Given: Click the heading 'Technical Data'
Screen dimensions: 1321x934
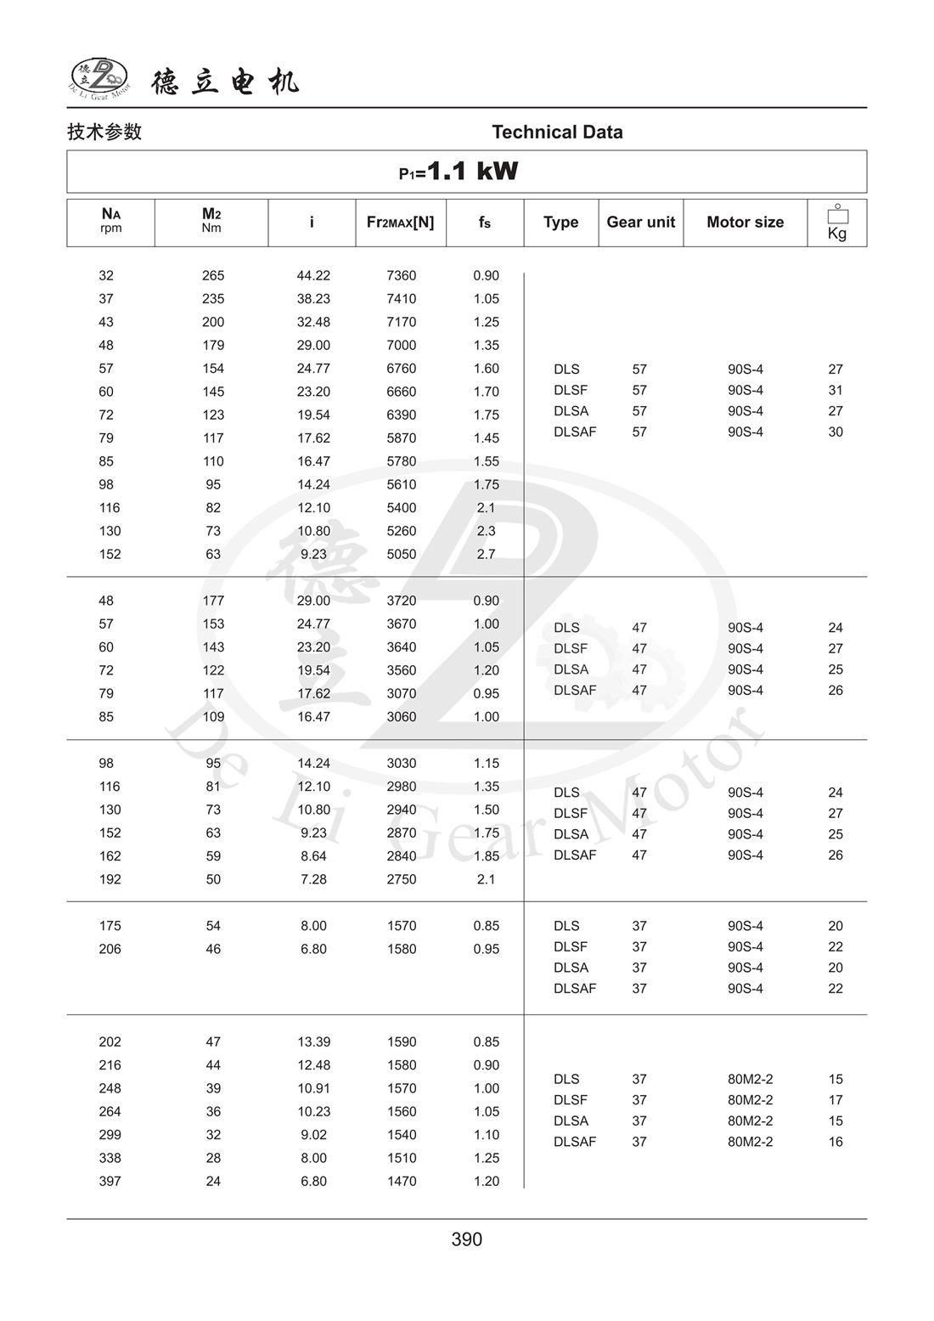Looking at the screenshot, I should tap(557, 133).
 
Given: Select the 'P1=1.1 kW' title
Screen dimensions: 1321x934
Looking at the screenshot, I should tap(459, 172).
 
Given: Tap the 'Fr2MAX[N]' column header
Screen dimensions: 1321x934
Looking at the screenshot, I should tap(400, 223).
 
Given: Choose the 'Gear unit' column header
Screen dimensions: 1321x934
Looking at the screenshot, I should tap(640, 223).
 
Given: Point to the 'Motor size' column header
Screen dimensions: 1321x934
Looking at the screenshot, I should tap(745, 223).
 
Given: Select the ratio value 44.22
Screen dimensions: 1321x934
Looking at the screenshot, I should tap(313, 276).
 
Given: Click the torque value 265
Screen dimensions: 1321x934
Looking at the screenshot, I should tap(213, 276).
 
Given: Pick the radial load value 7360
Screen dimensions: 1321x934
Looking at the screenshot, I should tap(402, 276).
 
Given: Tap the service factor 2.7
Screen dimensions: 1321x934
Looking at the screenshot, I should tap(486, 555).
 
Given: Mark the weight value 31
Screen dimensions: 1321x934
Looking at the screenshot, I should tap(836, 391).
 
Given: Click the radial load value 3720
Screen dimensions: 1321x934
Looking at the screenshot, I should tap(402, 601).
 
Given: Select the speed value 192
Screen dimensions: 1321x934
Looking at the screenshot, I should tap(110, 880).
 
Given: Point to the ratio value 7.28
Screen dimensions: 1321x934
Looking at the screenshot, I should tap(313, 880).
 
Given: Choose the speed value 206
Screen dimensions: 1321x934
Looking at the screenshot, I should tap(110, 950).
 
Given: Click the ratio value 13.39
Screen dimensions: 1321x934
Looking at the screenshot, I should tap(313, 1042).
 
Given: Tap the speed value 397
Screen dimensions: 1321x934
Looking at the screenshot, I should tap(110, 1182).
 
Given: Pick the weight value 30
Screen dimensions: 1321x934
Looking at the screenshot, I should tap(836, 432).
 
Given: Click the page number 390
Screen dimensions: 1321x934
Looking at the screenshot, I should tap(467, 1239).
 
